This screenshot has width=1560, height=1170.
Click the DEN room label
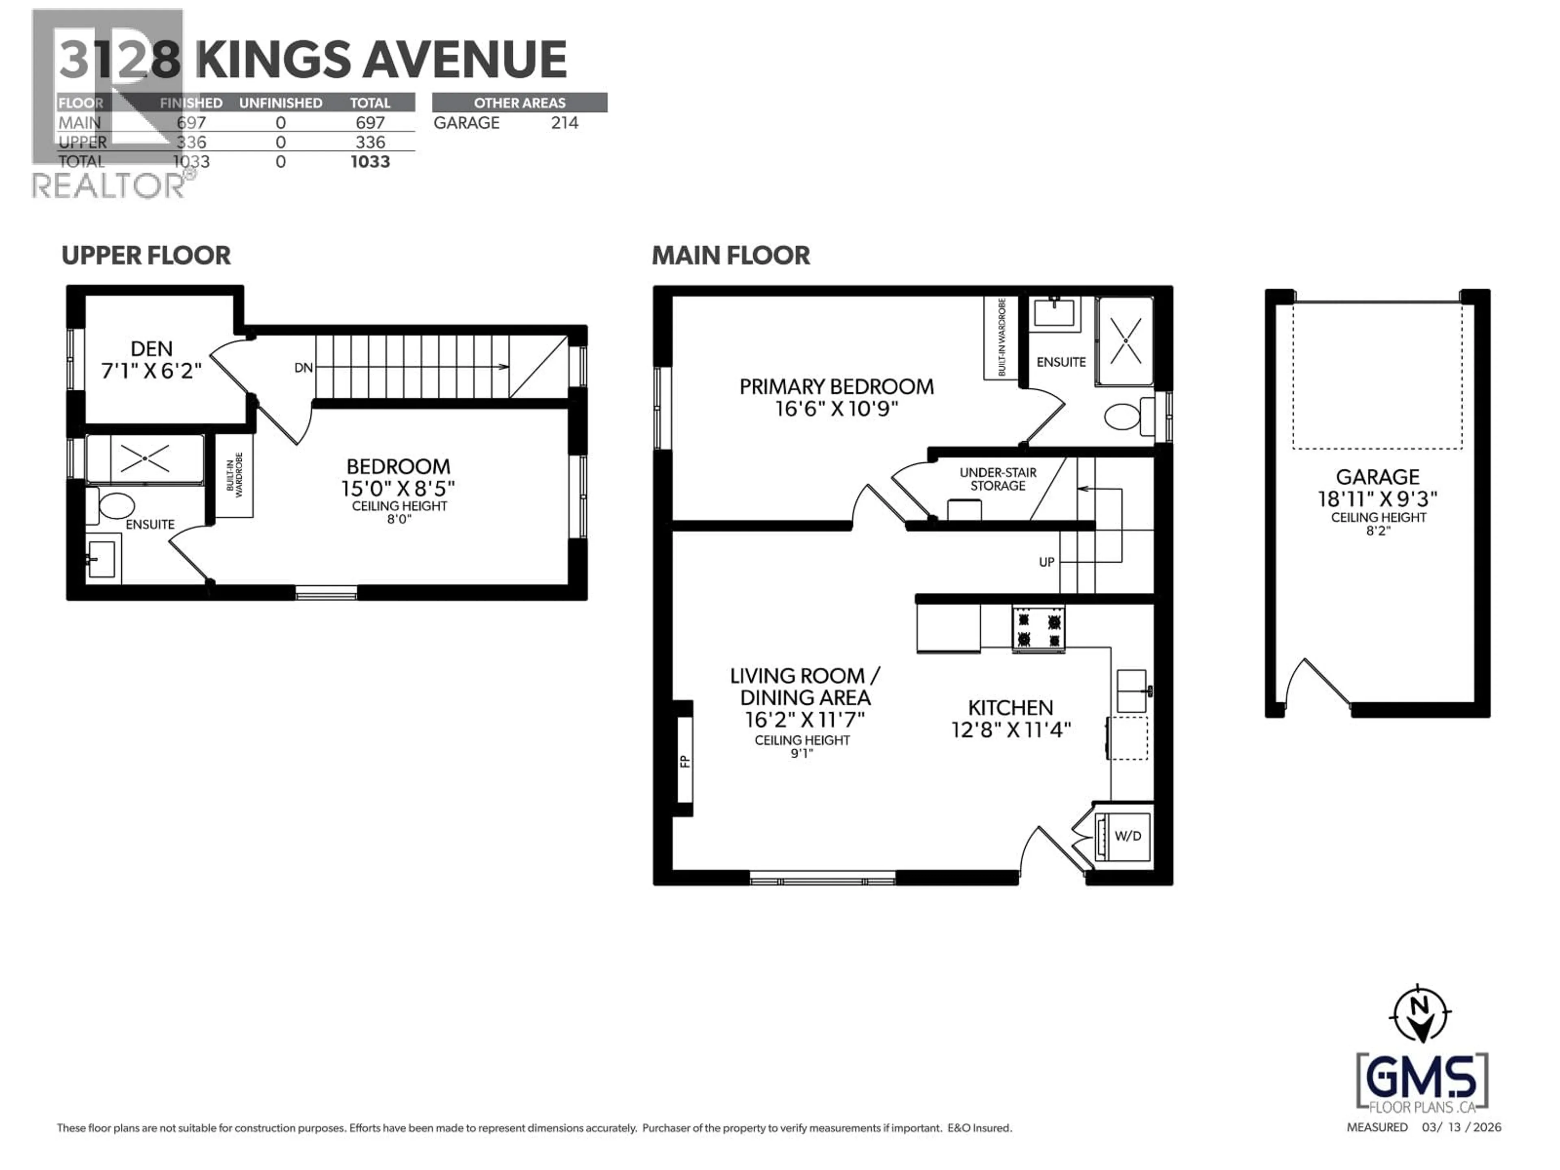(x=151, y=349)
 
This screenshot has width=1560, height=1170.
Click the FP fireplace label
(x=684, y=761)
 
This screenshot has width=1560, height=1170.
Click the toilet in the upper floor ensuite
(x=116, y=506)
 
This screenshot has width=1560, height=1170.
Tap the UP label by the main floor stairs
(x=1046, y=562)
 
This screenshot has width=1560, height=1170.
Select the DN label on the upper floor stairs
(x=303, y=367)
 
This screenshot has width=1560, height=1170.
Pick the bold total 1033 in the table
(x=370, y=162)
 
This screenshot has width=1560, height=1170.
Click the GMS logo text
(x=1422, y=1078)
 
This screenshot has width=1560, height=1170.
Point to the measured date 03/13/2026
(x=1461, y=1127)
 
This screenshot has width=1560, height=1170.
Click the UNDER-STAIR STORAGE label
(x=997, y=479)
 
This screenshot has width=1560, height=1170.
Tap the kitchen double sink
(x=1131, y=691)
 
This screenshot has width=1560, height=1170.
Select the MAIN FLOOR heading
(x=730, y=255)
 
